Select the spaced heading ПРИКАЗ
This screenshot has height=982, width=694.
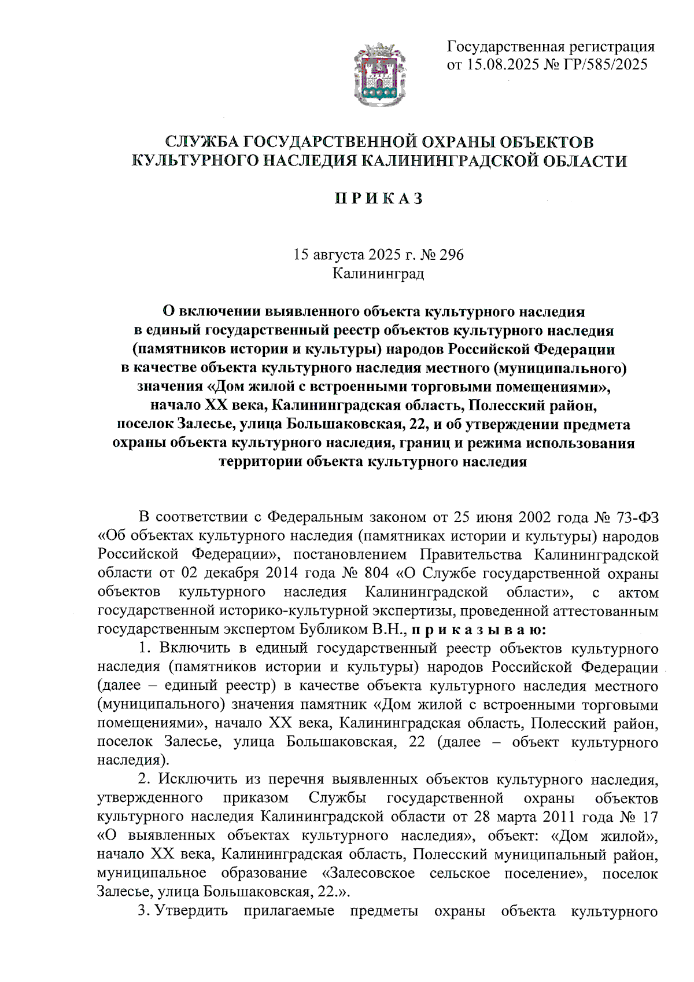(x=379, y=198)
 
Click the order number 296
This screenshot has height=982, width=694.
(x=452, y=255)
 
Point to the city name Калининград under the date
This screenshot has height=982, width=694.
(x=378, y=273)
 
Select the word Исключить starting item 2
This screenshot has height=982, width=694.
(x=197, y=779)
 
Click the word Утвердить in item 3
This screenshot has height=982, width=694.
(x=191, y=911)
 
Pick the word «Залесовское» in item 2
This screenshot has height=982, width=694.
(x=368, y=873)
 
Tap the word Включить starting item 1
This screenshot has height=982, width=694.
(x=195, y=649)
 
